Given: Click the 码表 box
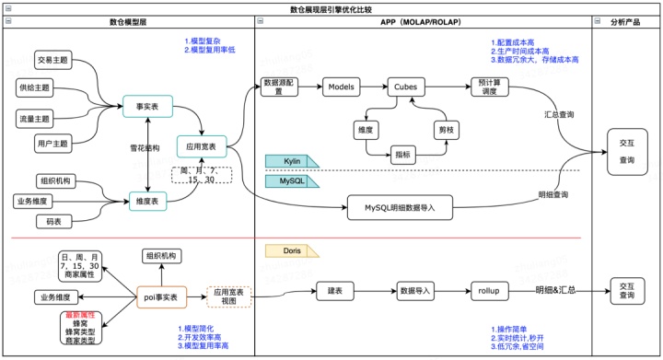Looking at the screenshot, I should tap(49, 222).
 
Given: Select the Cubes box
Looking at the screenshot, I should tap(410, 87).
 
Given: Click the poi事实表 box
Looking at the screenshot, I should tap(163, 296).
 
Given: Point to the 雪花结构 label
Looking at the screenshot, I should tap(145, 148).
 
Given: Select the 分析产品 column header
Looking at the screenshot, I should tap(626, 20).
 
